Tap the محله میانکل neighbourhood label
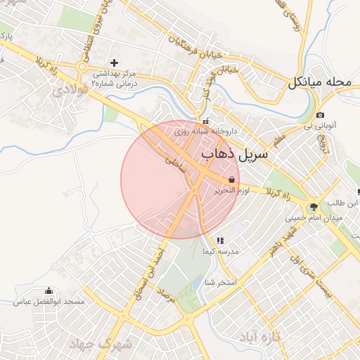coord(319,82)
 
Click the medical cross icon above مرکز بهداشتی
coord(114,63)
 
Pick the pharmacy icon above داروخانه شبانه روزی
coord(205,121)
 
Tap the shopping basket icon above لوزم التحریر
coord(232,179)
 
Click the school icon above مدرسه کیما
coord(220,240)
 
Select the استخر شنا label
coord(219,282)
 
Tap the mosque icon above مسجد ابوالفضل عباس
coord(49,291)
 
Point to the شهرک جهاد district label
coord(101,345)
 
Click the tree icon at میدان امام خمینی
coord(313,207)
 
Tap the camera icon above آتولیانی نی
coord(320,115)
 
